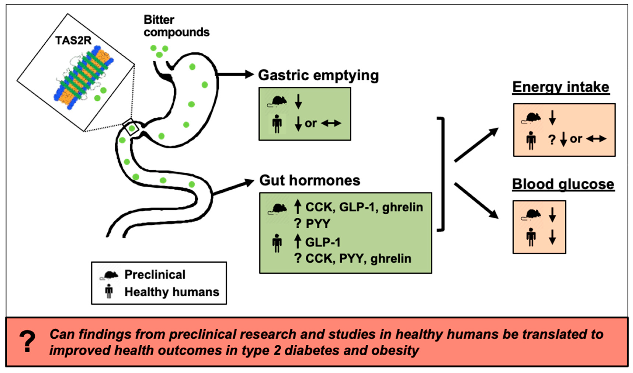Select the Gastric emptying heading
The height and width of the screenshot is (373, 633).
318,75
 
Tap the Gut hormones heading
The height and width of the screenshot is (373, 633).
309,180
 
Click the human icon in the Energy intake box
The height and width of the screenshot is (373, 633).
531,140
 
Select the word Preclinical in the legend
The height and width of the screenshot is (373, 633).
155,274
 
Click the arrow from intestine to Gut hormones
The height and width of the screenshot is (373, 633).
234,187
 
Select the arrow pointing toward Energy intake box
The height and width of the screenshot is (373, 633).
476,145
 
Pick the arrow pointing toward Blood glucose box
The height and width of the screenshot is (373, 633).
476,201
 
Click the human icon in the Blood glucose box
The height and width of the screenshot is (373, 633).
531,237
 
